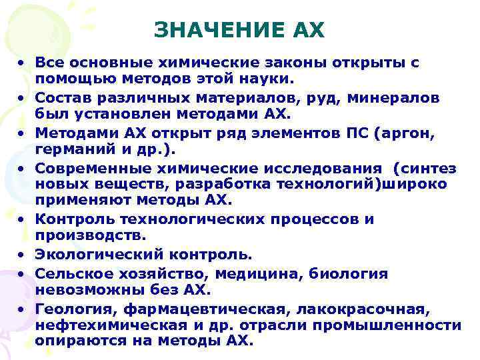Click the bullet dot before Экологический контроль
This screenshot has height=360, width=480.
[23, 255]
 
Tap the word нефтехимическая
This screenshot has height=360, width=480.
[95, 325]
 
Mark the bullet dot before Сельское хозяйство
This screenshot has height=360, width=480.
[23, 273]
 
